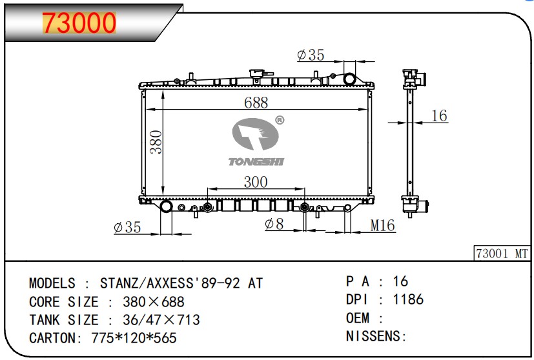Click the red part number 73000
tap(79, 23)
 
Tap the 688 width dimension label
tap(256, 103)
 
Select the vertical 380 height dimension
tap(156, 142)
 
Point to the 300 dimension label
tap(256, 182)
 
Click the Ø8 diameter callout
tap(274, 224)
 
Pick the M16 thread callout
tap(382, 225)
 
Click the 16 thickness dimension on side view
tap(439, 115)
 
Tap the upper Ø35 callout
tap(311, 55)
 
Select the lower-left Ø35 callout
tap(127, 227)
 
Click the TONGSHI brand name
tap(256, 162)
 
